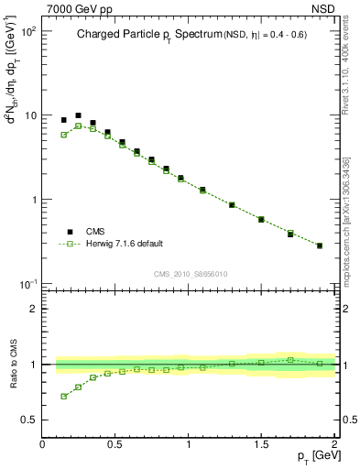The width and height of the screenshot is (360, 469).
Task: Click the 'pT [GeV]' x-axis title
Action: click(311, 455)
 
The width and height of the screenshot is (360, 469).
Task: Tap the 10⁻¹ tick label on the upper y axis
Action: click(28, 282)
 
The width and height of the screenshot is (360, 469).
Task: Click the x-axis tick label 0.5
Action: click(115, 443)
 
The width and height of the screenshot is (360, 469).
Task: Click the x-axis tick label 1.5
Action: click(261, 443)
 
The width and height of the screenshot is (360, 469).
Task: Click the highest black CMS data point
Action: click(78, 115)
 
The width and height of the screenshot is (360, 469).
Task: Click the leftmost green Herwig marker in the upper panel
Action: click(63, 135)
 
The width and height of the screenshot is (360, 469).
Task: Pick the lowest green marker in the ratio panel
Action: click(63, 397)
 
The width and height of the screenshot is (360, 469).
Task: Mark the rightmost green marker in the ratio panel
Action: click(320, 364)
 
